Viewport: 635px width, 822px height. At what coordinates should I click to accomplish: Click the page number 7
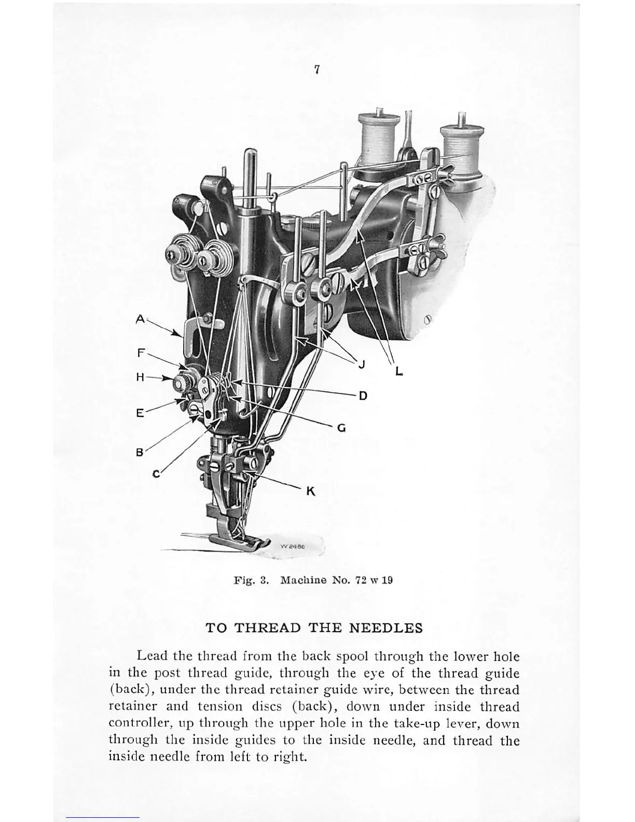(316, 70)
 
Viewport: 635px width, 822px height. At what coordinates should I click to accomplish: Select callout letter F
(141, 353)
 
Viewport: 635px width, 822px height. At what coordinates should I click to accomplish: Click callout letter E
(140, 414)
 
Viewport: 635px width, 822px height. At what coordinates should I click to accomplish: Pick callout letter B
(139, 451)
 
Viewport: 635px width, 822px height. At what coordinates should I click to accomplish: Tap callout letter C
(156, 474)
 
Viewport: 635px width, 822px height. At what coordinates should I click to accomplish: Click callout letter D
(363, 396)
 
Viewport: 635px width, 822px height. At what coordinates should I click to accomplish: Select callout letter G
(341, 429)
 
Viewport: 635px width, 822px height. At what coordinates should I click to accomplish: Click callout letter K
(311, 491)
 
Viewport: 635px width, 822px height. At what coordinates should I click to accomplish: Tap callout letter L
(398, 371)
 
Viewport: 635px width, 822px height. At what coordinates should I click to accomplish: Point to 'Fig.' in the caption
(244, 580)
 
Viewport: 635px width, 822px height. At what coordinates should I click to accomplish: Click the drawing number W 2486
(292, 546)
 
